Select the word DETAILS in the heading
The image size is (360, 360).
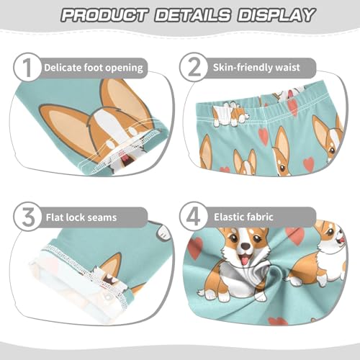(190, 14)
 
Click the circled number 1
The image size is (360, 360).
(27, 68)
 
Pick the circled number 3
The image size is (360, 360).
(27, 216)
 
